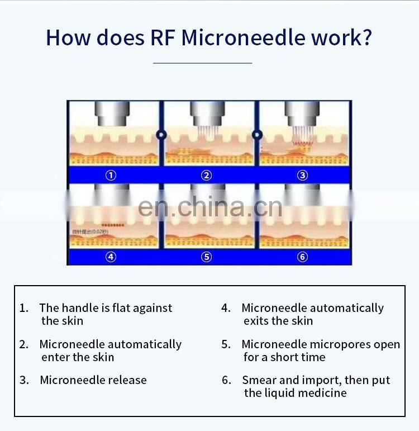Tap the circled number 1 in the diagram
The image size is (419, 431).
point(111,175)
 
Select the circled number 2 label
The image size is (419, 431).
point(207,175)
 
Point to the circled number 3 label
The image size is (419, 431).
point(302,175)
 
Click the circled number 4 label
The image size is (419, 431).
point(111,257)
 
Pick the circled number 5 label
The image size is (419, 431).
point(207,257)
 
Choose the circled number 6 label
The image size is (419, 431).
point(302,257)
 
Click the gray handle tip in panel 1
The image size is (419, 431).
point(109,117)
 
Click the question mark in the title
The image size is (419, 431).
point(366,37)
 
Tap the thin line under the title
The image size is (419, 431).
point(202,63)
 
